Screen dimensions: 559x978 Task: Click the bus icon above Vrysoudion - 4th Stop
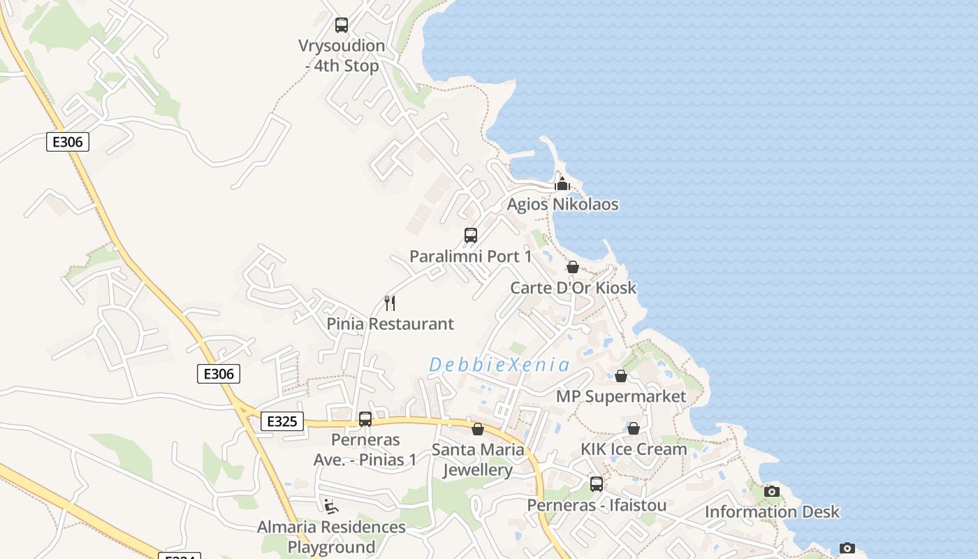[x=342, y=25]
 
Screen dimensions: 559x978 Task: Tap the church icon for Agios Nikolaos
[x=562, y=184]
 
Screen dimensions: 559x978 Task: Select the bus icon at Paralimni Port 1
[x=471, y=235]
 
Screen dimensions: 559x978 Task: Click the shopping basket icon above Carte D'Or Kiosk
[x=573, y=267]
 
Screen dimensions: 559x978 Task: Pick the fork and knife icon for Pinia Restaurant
[x=390, y=303]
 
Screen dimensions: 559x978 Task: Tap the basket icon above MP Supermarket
[x=621, y=376]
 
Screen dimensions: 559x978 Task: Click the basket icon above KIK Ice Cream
[x=634, y=428]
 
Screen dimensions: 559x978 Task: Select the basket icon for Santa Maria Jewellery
[x=478, y=429]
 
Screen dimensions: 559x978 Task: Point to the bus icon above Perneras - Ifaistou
[x=597, y=484]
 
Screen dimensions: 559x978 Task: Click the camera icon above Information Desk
[x=772, y=491]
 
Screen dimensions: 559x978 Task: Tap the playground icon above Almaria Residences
[x=331, y=506]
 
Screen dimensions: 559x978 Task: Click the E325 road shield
[x=282, y=421]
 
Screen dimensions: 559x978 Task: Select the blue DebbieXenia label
[x=499, y=365]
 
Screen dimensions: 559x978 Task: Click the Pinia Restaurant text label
[x=390, y=324]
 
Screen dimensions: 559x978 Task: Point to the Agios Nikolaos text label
[x=562, y=205]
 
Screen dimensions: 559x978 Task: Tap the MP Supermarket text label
[x=621, y=397]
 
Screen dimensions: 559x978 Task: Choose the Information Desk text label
[x=772, y=512]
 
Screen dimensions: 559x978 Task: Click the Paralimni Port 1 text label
[x=470, y=256]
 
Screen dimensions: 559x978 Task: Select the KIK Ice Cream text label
[x=634, y=449]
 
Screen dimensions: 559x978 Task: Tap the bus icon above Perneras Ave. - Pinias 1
[x=365, y=419]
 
